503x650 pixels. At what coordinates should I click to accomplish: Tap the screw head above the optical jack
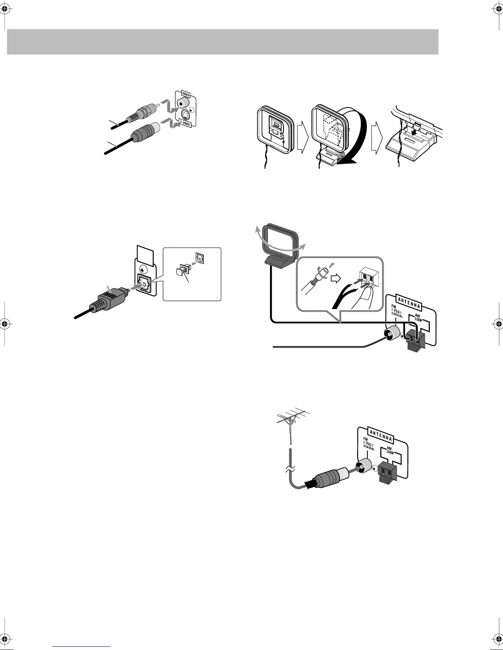point(143,270)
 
